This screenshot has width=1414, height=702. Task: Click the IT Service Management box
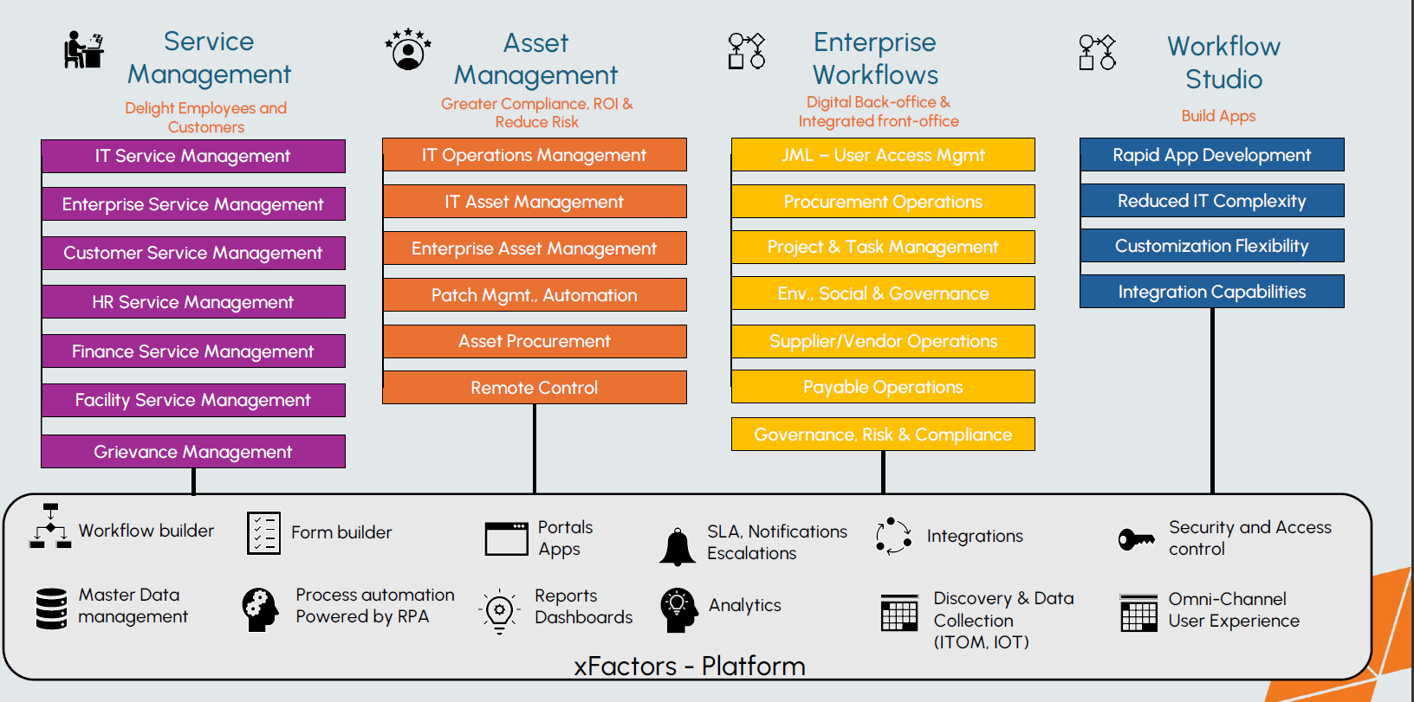click(193, 156)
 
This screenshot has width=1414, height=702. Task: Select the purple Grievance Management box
click(193, 451)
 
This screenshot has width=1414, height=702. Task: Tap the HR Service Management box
click(193, 301)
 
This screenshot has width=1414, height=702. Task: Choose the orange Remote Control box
click(535, 387)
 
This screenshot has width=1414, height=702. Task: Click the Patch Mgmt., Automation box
click(535, 294)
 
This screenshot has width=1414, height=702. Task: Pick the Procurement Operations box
click(883, 201)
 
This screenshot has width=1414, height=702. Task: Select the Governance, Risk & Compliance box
click(883, 434)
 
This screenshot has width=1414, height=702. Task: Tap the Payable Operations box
click(883, 386)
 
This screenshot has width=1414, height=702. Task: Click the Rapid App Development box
click(1211, 155)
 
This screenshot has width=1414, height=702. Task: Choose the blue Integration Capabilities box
click(1211, 292)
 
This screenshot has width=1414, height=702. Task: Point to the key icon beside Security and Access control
click(1136, 539)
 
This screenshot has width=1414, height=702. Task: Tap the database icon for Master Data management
click(52, 608)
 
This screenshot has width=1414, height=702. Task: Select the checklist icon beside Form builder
click(263, 532)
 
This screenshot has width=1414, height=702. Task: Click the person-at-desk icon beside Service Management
click(83, 49)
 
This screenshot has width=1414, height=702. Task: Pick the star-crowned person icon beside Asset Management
click(408, 49)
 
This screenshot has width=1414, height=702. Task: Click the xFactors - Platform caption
click(690, 666)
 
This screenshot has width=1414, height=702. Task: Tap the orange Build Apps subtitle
click(1218, 116)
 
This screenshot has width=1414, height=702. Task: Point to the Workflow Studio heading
click(1223, 62)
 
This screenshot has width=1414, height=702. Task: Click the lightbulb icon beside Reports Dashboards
click(499, 610)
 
